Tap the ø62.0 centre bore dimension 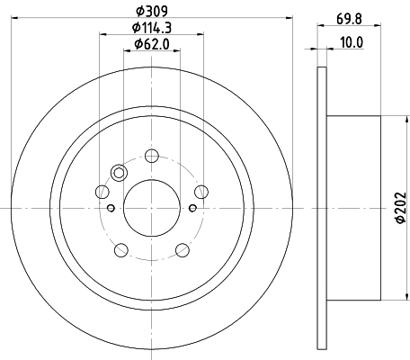pyautogui.click(x=152, y=44)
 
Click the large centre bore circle pyautogui.click(x=152, y=206)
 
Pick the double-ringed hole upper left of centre pyautogui.click(x=119, y=174)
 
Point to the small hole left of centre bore pyautogui.click(x=111, y=208)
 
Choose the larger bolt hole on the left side pyautogui.click(x=102, y=192)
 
